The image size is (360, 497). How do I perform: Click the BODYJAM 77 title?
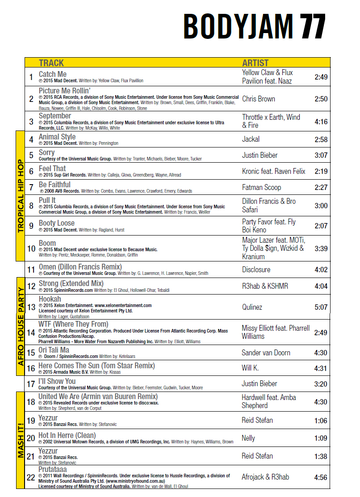[254, 26]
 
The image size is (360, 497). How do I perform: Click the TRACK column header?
[51, 63]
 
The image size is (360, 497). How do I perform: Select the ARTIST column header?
[255, 63]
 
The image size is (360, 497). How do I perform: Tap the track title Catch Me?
[53, 74]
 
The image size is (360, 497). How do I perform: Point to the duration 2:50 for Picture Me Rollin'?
[321, 99]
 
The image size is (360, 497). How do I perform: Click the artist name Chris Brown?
[259, 99]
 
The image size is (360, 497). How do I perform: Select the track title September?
[55, 116]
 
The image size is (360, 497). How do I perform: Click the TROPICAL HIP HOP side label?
[20, 195]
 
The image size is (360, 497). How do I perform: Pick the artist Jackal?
[251, 139]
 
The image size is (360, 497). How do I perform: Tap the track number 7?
[31, 187]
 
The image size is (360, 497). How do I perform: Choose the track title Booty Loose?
[57, 223]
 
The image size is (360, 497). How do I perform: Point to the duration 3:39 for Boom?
[321, 248]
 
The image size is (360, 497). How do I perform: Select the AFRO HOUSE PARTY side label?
[20, 321]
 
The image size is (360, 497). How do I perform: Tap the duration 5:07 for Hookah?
[321, 307]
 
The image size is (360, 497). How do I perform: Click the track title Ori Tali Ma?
[54, 350]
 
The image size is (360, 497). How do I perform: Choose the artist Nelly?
[248, 438]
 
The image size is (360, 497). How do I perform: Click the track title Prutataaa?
[53, 470]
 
